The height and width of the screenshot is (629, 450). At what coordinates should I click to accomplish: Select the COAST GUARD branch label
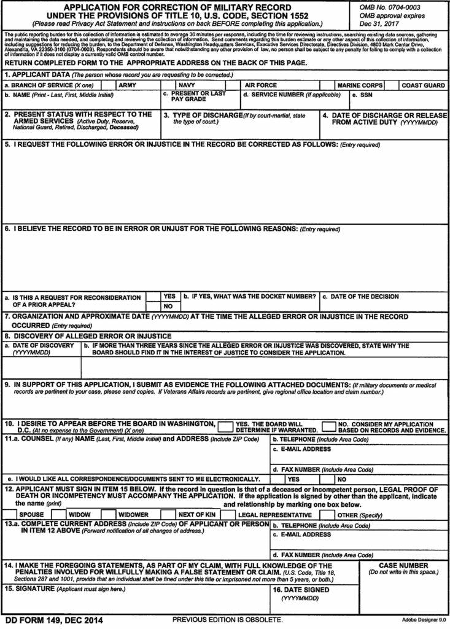click(x=423, y=85)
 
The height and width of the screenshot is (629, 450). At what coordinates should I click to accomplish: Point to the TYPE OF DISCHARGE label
click(x=201, y=115)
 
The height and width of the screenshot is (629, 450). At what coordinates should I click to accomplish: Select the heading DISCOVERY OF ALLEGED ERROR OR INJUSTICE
click(x=92, y=336)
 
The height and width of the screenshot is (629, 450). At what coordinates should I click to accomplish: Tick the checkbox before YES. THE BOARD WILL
click(x=225, y=426)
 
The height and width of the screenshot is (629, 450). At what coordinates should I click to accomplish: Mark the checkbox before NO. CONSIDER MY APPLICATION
click(x=328, y=426)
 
